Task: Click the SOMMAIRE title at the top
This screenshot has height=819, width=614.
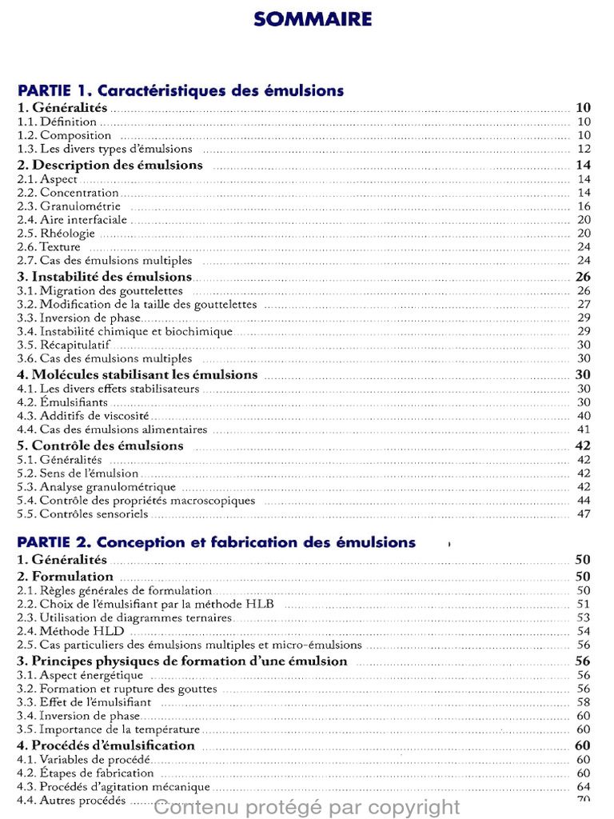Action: point(313,18)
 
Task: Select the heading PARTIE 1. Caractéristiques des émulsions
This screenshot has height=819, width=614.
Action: point(181,90)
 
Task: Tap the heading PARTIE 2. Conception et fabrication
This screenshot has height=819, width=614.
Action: point(217,542)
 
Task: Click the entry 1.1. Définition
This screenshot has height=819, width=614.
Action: point(57,122)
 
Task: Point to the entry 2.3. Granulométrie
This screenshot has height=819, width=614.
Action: point(69,206)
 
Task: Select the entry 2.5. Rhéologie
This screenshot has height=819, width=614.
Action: point(56,234)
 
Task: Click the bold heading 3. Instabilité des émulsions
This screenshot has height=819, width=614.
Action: point(105,277)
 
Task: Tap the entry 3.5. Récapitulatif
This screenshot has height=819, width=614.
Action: point(64,345)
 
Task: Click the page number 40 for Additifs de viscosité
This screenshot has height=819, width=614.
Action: point(583,416)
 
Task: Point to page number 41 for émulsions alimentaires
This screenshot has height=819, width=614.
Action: point(583,429)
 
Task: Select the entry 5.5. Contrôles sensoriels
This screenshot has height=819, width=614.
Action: point(82,514)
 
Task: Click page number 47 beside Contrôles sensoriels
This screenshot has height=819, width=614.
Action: point(583,514)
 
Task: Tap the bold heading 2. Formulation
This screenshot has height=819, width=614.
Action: point(66,576)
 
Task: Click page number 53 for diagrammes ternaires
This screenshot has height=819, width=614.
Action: point(583,617)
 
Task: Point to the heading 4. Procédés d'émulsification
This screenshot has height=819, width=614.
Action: point(106,745)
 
